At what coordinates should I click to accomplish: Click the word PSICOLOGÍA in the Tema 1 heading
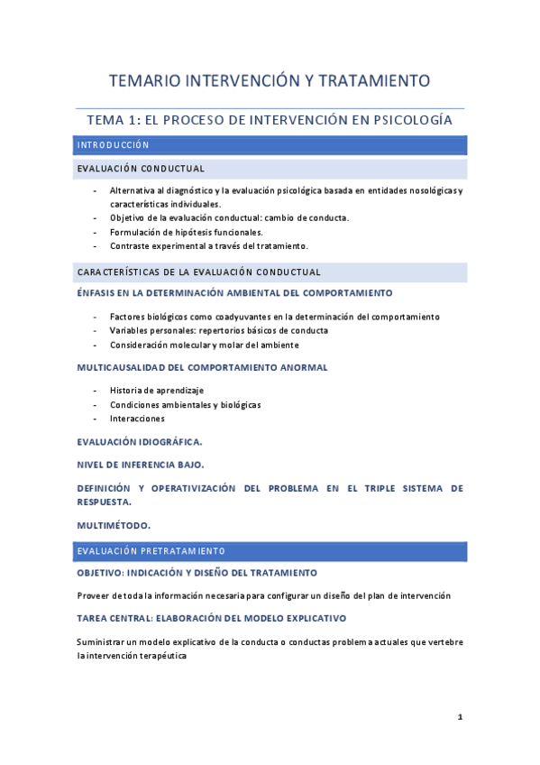pyautogui.click(x=412, y=120)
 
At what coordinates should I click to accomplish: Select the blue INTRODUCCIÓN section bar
pyautogui.click(x=270, y=145)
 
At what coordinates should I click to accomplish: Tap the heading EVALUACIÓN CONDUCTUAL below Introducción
pyautogui.click(x=141, y=169)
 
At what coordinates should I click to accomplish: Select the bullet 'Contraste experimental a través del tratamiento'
pyautogui.click(x=208, y=245)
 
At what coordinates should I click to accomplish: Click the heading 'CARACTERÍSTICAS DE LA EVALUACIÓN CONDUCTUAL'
pyautogui.click(x=198, y=272)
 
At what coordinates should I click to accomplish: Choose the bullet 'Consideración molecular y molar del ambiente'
pyautogui.click(x=204, y=345)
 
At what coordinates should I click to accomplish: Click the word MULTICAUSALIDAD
pyautogui.click(x=124, y=367)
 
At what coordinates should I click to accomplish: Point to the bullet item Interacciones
pyautogui.click(x=137, y=419)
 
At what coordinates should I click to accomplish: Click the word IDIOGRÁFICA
pyautogui.click(x=169, y=442)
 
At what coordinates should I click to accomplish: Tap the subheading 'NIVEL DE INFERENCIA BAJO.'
pyautogui.click(x=141, y=465)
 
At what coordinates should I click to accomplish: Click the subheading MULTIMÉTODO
pyautogui.click(x=114, y=524)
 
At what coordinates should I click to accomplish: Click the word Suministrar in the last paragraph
pyautogui.click(x=105, y=641)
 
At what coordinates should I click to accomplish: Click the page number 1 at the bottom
pyautogui.click(x=460, y=717)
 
